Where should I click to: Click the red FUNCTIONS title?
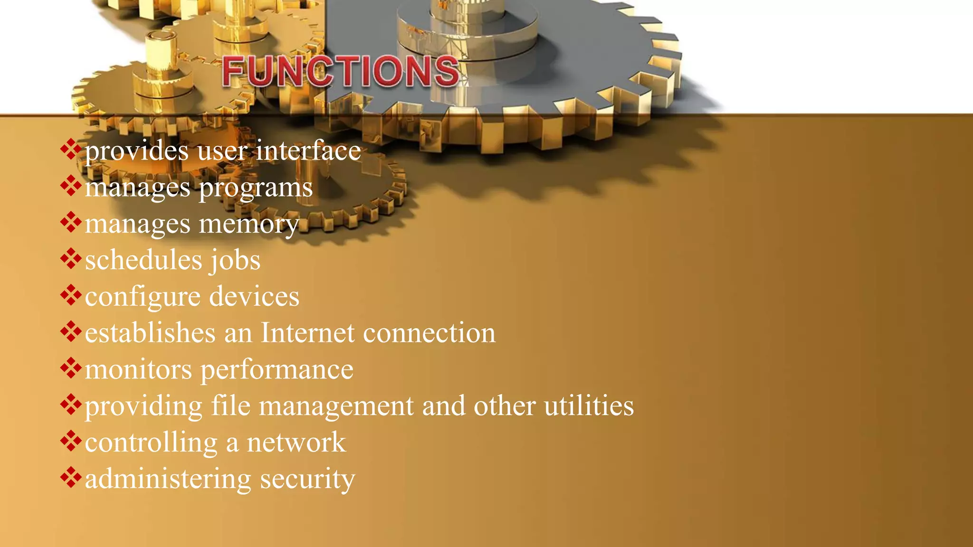(341, 71)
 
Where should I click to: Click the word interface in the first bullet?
(308, 151)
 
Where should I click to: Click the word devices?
(254, 297)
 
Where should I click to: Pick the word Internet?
(307, 333)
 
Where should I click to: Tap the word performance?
(277, 370)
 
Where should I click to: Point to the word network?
(296, 443)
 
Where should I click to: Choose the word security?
(307, 479)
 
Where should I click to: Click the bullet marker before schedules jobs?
(71, 259)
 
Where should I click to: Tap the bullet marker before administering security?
(71, 478)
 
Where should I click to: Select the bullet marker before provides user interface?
(71, 150)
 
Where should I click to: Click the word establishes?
(150, 333)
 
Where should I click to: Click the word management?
(336, 406)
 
